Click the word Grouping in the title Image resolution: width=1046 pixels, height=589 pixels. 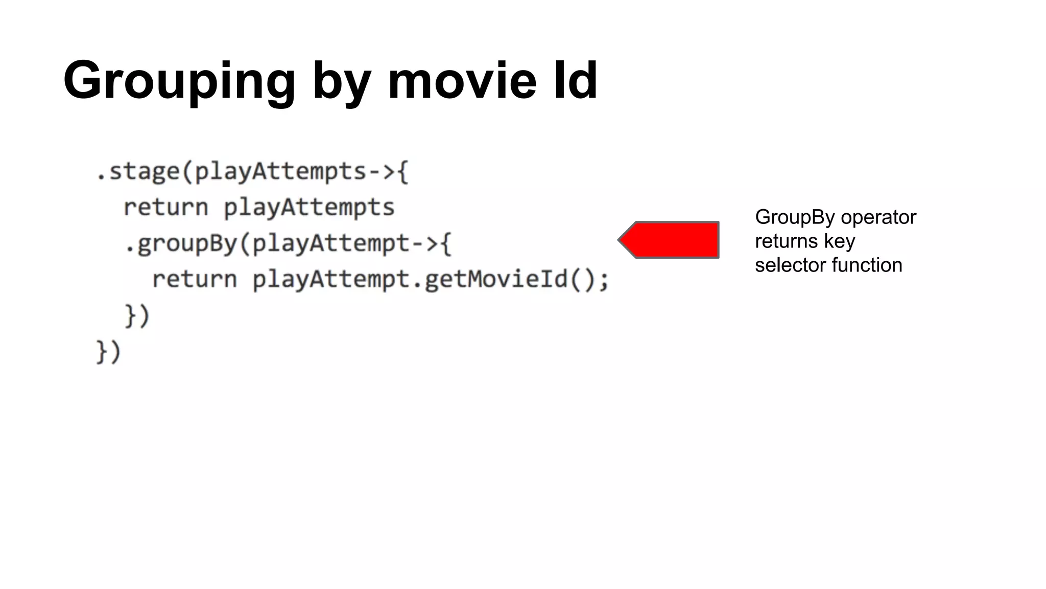coord(179,81)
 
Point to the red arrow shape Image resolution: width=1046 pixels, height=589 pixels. coord(670,240)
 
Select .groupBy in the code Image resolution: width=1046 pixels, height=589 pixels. coord(181,244)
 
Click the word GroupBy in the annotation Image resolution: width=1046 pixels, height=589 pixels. coord(795,217)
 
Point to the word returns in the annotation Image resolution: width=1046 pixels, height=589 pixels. coord(786,241)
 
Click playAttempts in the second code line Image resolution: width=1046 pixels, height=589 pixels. coord(309,208)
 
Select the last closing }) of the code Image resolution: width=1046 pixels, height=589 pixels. coord(108,352)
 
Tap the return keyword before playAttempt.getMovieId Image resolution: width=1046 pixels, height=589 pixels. coord(195,279)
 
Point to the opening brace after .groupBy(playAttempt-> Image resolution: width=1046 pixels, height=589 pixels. coord(446,244)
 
